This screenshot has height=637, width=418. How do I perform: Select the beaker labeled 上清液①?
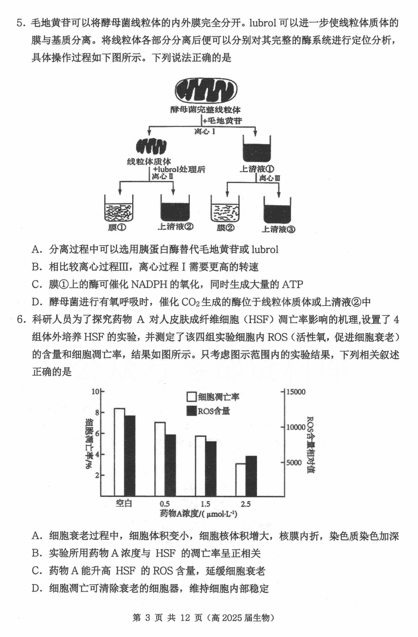coord(257,149)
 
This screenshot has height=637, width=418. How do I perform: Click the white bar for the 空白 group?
coord(119,451)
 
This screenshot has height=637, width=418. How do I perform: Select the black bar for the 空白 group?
coord(130,455)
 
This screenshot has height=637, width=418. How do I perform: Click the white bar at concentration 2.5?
coord(240,479)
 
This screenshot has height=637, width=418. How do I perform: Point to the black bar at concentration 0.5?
coord(170,464)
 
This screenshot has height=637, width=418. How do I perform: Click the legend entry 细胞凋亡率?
coord(213,397)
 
